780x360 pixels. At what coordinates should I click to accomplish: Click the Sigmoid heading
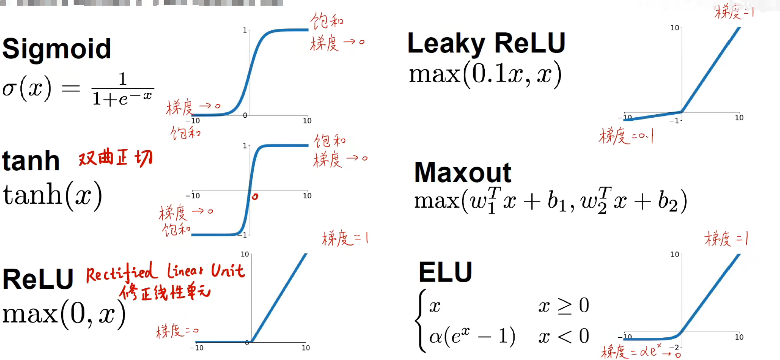click(x=57, y=49)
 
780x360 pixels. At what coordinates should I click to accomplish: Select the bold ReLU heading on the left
click(x=38, y=279)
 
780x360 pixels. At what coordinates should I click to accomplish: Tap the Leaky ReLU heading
click(x=486, y=43)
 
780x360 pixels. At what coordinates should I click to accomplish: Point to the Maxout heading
click(x=462, y=173)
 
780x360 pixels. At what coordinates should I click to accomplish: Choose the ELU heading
click(x=445, y=272)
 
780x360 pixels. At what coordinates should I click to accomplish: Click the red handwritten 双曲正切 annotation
click(x=116, y=158)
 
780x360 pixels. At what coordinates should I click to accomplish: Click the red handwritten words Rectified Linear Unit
click(x=165, y=272)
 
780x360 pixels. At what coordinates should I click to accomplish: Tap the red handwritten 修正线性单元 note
click(x=165, y=292)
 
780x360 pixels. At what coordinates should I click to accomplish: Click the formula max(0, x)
click(x=64, y=314)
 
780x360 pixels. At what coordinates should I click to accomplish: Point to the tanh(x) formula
click(x=52, y=195)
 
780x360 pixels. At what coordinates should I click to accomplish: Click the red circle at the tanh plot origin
click(x=255, y=197)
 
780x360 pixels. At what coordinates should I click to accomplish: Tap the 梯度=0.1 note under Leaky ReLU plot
click(x=626, y=136)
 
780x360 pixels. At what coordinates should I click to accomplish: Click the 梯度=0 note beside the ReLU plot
click(x=177, y=331)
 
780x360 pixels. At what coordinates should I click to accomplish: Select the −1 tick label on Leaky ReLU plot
click(x=674, y=121)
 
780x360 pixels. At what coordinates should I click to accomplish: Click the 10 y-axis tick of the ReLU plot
click(x=245, y=254)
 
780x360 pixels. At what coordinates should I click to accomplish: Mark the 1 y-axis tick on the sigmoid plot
click(x=245, y=30)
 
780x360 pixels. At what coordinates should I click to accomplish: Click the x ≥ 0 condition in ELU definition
click(x=563, y=306)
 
